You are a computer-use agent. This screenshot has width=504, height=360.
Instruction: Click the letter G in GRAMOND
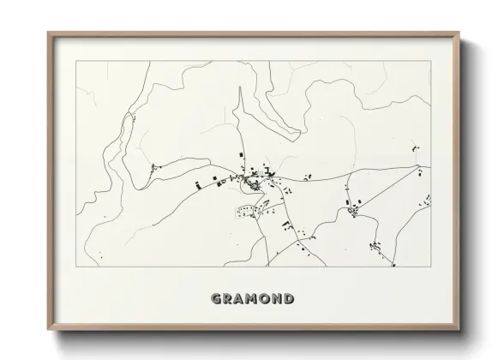pos(216,299)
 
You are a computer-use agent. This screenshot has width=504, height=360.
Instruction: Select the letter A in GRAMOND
pos(242,299)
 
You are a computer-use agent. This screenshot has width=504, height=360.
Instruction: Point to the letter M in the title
pos(255,299)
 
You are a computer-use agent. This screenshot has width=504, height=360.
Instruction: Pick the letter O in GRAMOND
pos(269,299)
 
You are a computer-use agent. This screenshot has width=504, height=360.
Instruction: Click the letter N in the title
pos(282,299)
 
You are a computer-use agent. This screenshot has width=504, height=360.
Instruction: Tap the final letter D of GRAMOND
pos(294,299)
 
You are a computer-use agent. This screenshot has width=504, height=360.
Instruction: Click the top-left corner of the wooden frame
pos(48,33)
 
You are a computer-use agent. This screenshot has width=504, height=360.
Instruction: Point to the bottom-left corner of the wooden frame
pos(48,330)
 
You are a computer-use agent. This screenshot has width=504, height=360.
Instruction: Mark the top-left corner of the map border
pos(77,61)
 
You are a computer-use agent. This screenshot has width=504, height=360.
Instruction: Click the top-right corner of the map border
pos(430,61)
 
